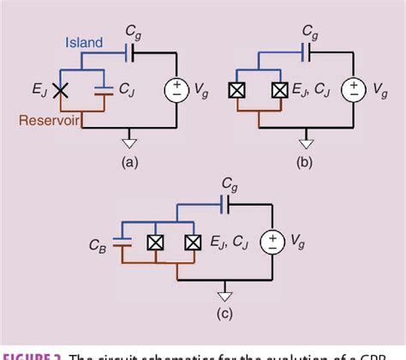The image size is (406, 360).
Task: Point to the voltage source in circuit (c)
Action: tap(272, 243)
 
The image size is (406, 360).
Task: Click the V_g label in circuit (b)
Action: tap(387, 89)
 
